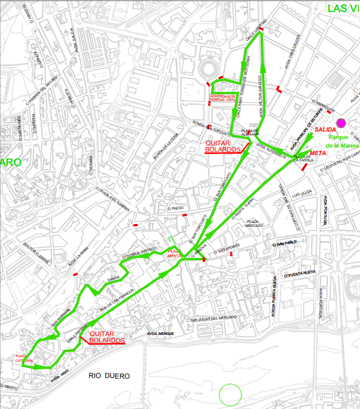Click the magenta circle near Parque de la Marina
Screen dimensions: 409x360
click(341, 122)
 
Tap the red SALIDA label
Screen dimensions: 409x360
click(326, 130)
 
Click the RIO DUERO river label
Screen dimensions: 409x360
click(109, 376)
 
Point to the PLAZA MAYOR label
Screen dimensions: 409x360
click(173, 254)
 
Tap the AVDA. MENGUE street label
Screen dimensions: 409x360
click(160, 333)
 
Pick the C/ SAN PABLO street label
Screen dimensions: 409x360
click(285, 244)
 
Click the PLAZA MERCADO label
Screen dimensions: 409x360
click(255, 223)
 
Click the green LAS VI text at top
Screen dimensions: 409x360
click(343, 8)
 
